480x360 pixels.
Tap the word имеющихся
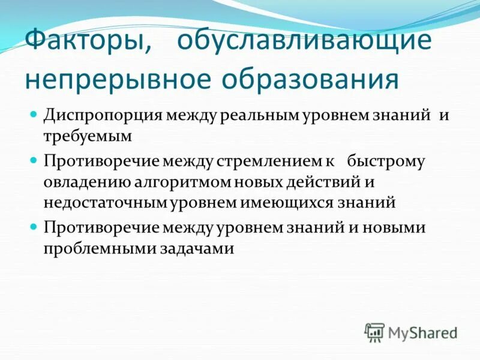[280, 202]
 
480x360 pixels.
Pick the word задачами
[194, 248]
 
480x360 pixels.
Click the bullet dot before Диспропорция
[34, 113]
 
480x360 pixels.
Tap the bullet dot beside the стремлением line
[34, 160]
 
